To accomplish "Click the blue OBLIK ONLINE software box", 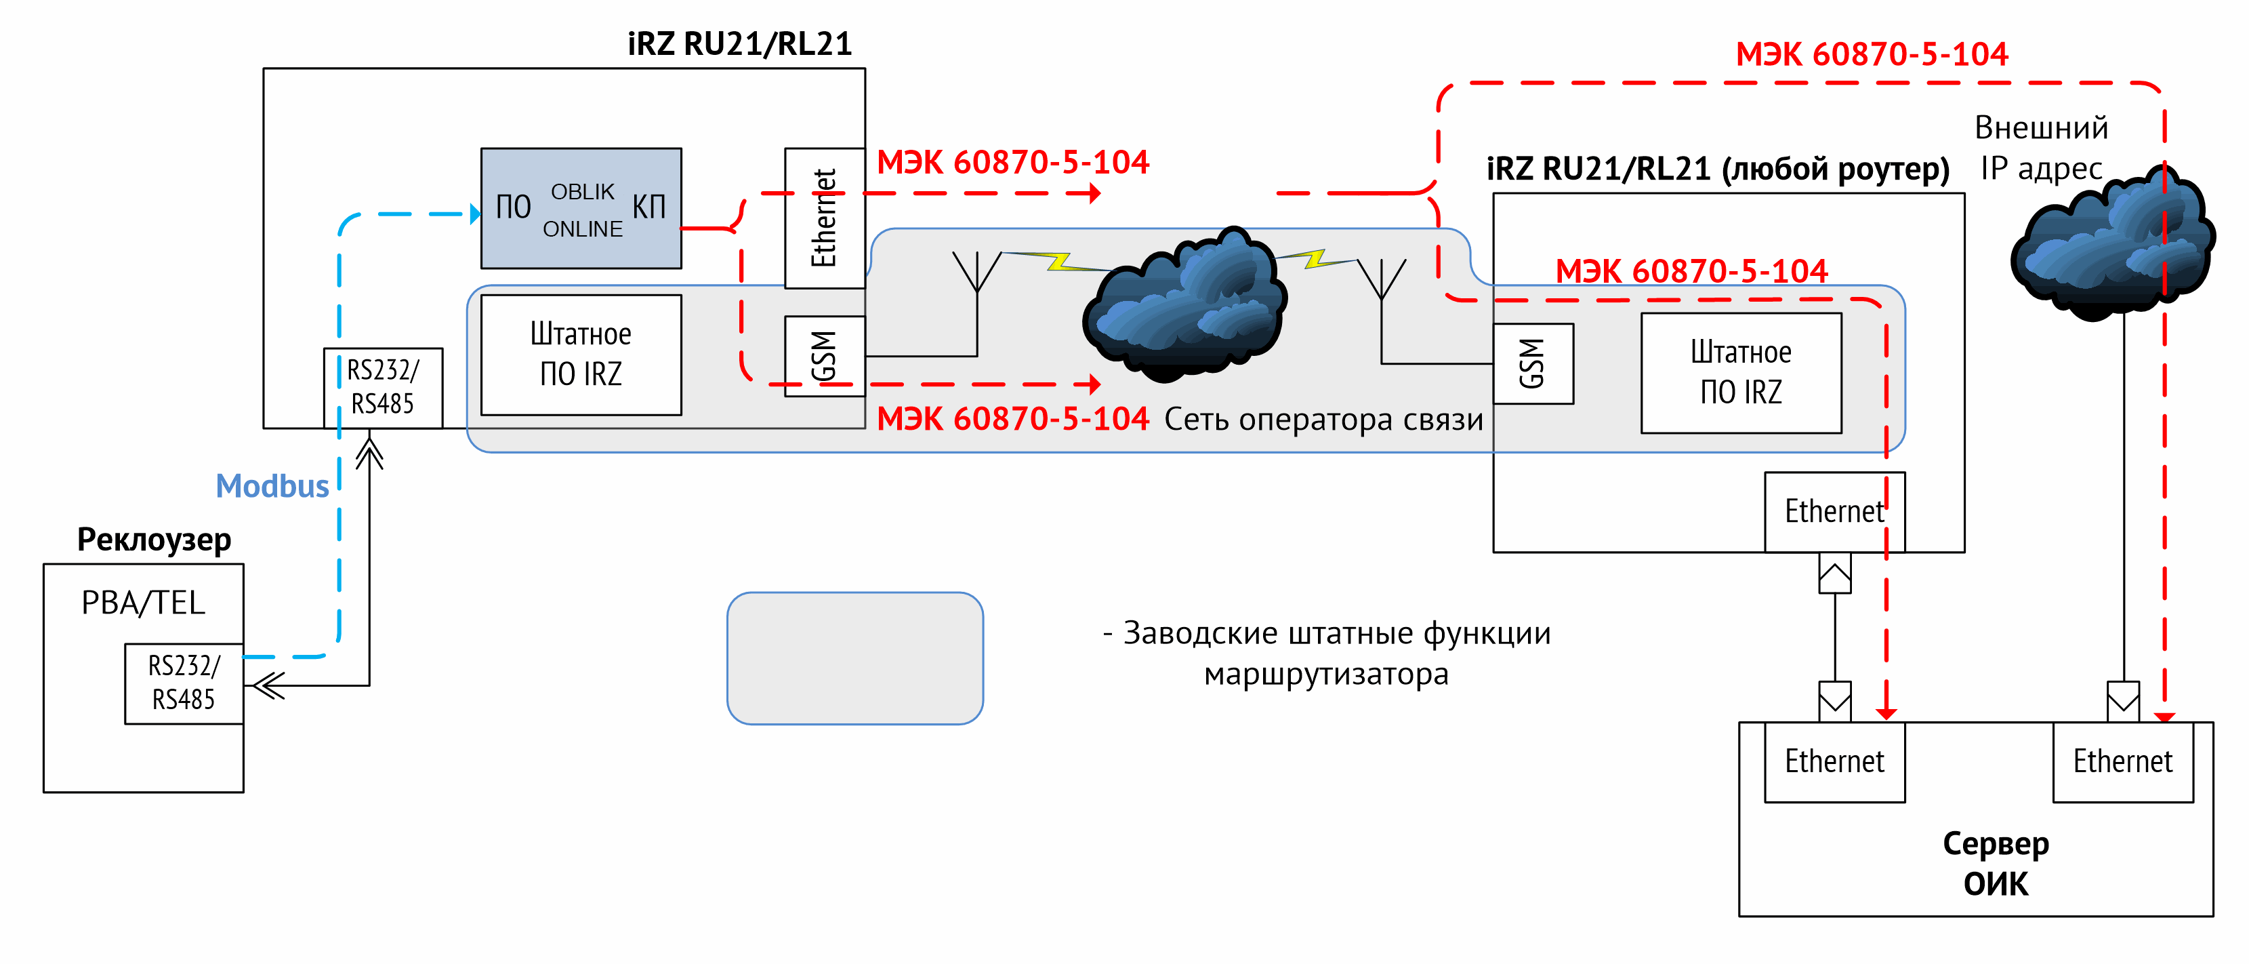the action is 581,208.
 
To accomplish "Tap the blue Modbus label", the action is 272,485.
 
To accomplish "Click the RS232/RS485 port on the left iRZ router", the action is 384,388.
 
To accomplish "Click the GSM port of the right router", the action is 1533,363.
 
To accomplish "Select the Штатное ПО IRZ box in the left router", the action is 581,355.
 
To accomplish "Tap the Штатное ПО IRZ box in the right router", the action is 1741,373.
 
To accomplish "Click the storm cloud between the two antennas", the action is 1184,304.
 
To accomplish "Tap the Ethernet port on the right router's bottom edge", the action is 1835,512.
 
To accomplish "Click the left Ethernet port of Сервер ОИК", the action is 1835,761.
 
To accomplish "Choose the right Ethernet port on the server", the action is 2123,761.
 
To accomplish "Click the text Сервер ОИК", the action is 1996,864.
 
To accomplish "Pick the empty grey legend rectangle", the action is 856,658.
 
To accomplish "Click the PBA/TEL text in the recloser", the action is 143,603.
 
